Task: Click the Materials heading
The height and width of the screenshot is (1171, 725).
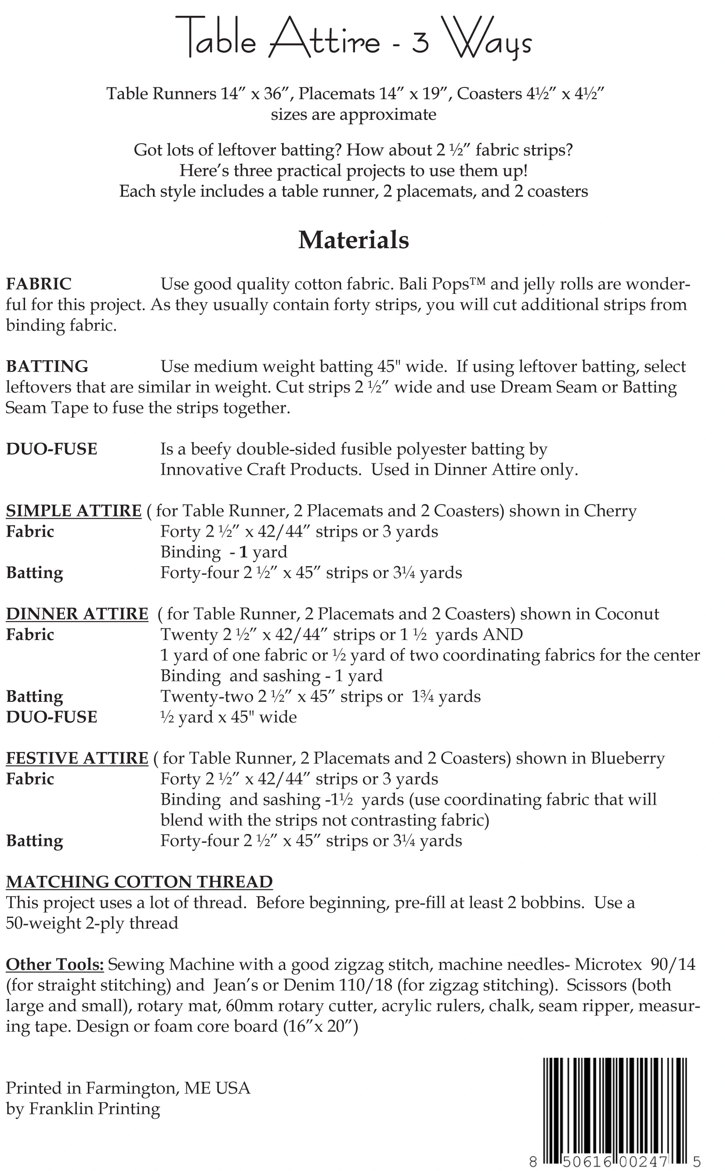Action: click(x=353, y=240)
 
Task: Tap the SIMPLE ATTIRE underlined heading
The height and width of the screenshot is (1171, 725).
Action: click(x=73, y=511)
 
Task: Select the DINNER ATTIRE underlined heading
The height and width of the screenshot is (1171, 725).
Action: click(x=77, y=614)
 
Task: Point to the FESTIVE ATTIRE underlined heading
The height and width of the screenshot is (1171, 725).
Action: click(x=77, y=758)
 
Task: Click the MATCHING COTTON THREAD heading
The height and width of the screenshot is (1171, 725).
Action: click(x=139, y=882)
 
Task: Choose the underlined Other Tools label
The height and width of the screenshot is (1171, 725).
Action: click(x=54, y=965)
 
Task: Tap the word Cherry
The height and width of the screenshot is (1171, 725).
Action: click(x=610, y=511)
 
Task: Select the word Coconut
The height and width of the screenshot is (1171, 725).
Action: click(x=627, y=614)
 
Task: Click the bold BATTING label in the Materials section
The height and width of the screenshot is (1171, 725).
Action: click(x=47, y=366)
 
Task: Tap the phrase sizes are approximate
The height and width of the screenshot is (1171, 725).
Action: click(x=353, y=115)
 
